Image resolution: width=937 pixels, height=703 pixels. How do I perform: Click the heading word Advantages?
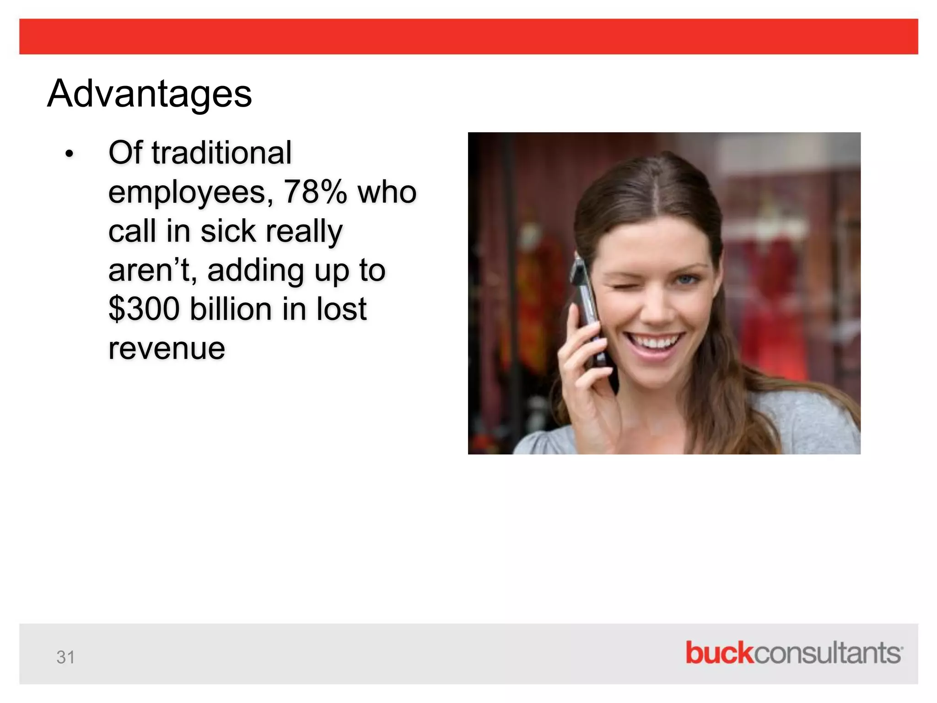[149, 94]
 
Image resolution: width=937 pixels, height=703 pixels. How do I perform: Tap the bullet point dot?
[69, 154]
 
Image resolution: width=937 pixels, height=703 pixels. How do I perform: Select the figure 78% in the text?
[315, 192]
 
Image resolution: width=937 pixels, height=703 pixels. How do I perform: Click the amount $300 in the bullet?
[144, 309]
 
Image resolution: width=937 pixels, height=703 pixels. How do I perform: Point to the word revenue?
[167, 349]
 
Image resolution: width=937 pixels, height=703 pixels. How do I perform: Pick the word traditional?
[221, 153]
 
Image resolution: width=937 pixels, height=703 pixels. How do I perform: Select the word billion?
[231, 309]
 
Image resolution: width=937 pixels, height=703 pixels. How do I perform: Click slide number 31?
[65, 657]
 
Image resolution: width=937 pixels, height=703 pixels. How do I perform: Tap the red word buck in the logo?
[719, 653]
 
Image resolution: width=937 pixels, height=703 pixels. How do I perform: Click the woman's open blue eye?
[686, 279]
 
